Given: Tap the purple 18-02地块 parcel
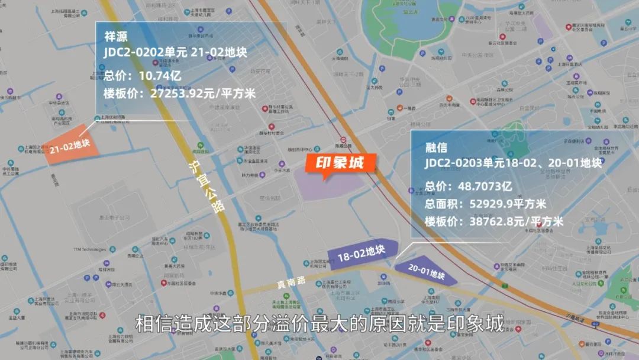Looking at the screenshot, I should point(360,256).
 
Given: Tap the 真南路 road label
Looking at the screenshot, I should point(288,284).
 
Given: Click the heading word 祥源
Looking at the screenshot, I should point(117,35).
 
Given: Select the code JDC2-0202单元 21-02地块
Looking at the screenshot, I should point(175,53).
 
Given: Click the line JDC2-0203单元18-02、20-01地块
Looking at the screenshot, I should point(512,163).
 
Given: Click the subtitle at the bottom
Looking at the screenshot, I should point(319,324).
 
